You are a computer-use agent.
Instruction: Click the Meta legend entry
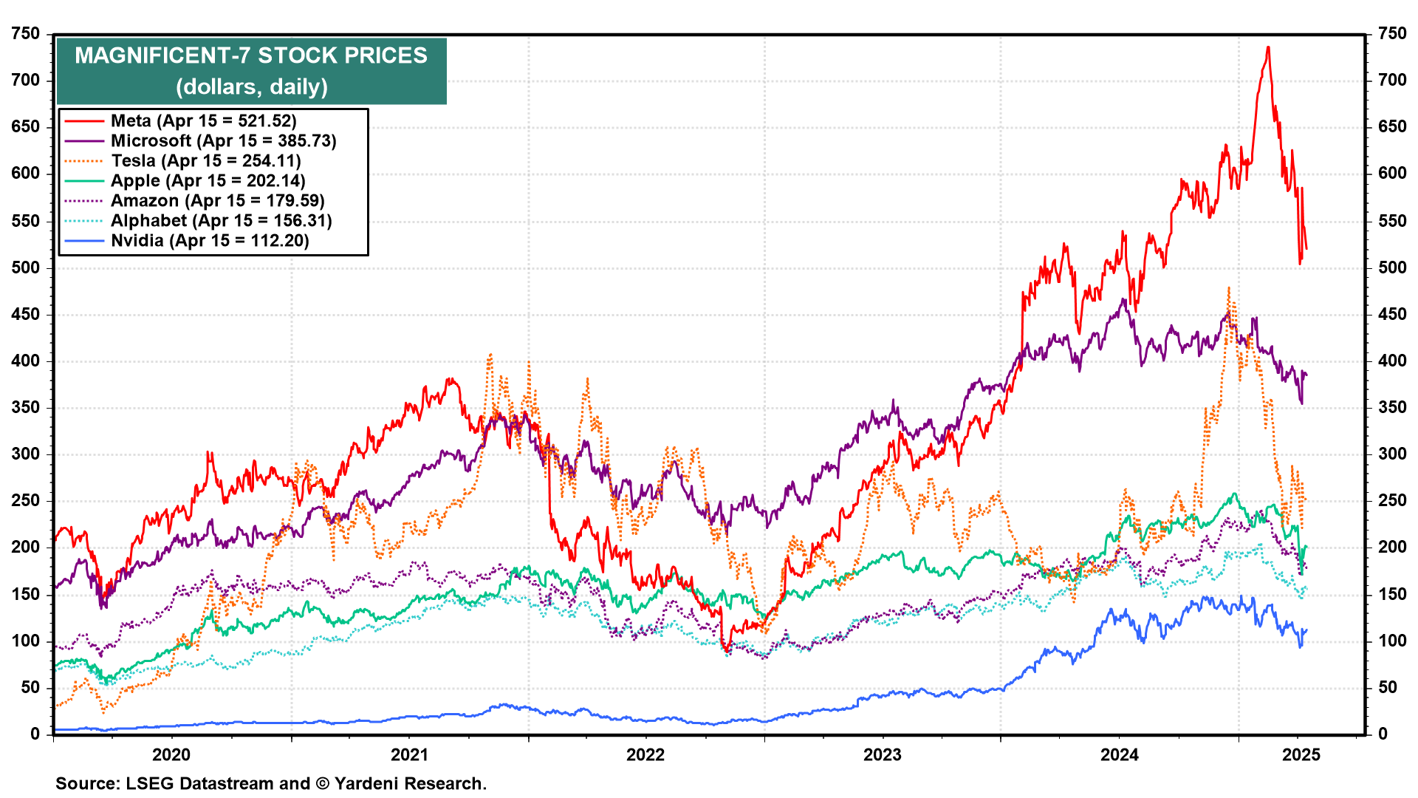tap(204, 121)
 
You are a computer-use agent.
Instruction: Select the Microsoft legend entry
tap(223, 141)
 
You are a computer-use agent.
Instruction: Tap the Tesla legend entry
tap(206, 161)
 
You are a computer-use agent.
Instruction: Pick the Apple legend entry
tap(208, 181)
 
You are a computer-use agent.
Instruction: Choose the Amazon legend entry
tap(217, 201)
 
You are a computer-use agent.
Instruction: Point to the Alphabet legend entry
tap(221, 221)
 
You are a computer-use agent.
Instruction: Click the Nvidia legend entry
tap(210, 241)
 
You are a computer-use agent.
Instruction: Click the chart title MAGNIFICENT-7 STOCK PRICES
tap(251, 56)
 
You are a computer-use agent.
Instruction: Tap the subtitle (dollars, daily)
tap(251, 87)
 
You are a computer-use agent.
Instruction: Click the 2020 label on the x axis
tap(171, 754)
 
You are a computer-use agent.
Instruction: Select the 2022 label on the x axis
tap(645, 754)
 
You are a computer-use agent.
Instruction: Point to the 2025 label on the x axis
tap(1301, 754)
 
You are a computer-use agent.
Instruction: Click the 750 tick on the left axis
tap(26, 34)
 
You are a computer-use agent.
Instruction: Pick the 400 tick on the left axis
tap(26, 361)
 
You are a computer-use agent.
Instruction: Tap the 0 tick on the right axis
tap(1383, 734)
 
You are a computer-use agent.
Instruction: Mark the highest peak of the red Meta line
tap(1268, 47)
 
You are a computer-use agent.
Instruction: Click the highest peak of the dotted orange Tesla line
tap(1229, 288)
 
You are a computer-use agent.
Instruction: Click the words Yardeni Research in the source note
tap(410, 784)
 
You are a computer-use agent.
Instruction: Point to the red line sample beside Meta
tap(83, 121)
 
